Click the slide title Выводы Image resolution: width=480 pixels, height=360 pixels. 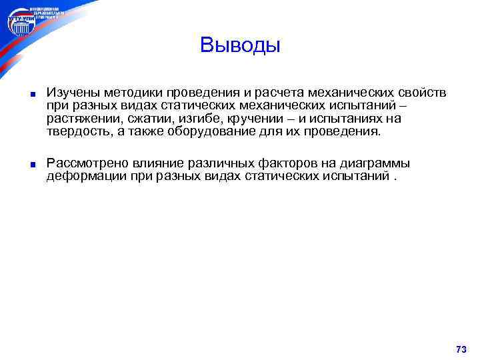click(240, 45)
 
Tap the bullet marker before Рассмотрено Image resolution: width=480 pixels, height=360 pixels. click(31, 164)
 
